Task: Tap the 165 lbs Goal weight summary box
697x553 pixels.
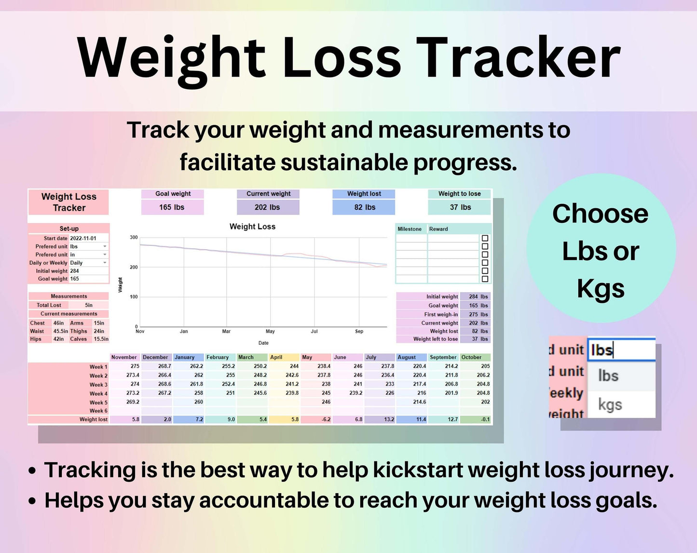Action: pos(172,207)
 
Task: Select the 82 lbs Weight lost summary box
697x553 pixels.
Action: pos(364,207)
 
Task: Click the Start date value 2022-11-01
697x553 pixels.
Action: pos(83,238)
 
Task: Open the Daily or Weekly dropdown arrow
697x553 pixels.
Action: pos(105,263)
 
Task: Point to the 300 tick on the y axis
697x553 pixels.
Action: pos(134,237)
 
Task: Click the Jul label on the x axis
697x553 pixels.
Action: pos(314,331)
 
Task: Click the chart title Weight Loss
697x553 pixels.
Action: pos(252,227)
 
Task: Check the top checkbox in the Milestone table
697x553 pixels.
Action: pos(485,238)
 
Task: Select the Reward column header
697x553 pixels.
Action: pos(438,229)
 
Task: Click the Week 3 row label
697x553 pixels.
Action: pos(98,385)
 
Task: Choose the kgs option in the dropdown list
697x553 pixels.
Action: pos(610,405)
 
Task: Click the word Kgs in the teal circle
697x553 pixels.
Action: pos(601,289)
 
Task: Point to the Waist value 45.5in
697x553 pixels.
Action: pos(61,331)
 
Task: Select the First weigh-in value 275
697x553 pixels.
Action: pos(473,314)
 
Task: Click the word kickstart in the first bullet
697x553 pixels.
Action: pos(418,470)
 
